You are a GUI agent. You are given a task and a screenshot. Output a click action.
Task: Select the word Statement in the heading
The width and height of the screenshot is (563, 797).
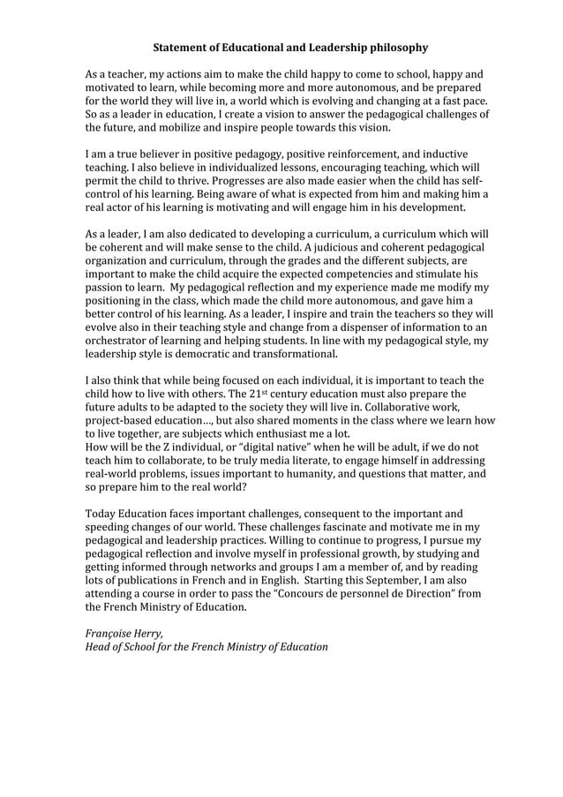click(x=180, y=47)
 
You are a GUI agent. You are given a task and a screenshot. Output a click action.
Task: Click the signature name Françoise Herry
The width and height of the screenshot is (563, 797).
click(x=123, y=633)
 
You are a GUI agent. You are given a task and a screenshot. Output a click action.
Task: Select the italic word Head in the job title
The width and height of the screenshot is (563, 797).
click(x=98, y=646)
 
